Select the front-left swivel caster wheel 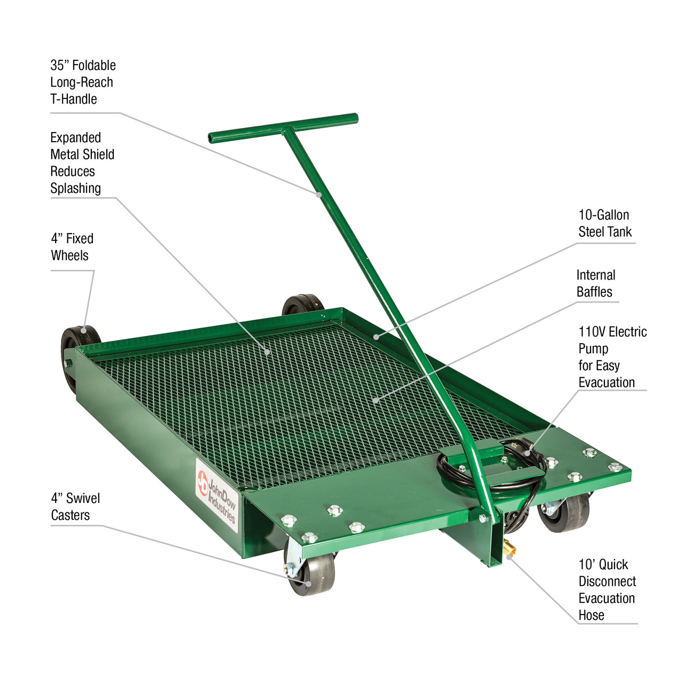(x=313, y=574)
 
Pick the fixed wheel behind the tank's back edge (x=302, y=305)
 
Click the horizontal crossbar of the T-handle (x=283, y=128)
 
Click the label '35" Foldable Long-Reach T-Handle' (x=82, y=82)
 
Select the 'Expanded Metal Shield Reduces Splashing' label (x=82, y=163)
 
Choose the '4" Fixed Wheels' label (x=72, y=247)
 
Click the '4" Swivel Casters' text (x=75, y=507)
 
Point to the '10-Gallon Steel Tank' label (x=604, y=223)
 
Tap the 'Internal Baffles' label (x=595, y=283)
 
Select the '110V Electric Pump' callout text (x=612, y=357)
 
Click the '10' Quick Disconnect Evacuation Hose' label (x=607, y=590)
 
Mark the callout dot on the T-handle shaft (x=319, y=195)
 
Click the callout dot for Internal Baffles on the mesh (x=376, y=400)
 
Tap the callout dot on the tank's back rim (x=376, y=337)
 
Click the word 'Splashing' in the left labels (x=75, y=189)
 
